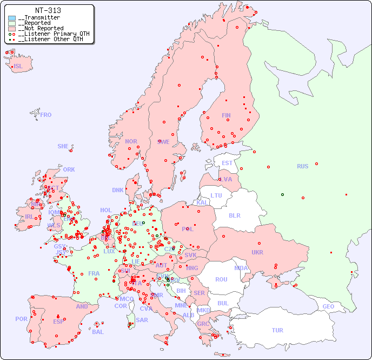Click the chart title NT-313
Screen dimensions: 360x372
[x=48, y=10]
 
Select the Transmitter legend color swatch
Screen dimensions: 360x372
[x=12, y=18]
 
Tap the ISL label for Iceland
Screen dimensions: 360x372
[x=18, y=66]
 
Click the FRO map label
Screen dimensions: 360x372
[x=45, y=115]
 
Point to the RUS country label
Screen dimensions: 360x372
[x=302, y=166]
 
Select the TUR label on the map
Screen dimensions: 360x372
[x=277, y=330]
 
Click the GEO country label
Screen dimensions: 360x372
[x=328, y=306]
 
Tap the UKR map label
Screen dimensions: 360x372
[x=257, y=252]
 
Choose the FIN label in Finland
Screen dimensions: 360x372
[x=226, y=115]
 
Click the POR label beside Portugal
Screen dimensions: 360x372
[x=21, y=319]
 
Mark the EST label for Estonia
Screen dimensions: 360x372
[x=227, y=163]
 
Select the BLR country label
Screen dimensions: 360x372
[x=235, y=215]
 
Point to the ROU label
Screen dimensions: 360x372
[x=221, y=279]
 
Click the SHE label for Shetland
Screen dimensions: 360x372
[x=63, y=146]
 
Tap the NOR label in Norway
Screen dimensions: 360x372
[x=131, y=141]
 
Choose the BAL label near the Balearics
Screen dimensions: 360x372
[x=98, y=332]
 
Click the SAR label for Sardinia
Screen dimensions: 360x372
[x=142, y=319]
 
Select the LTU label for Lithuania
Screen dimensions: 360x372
[x=216, y=195]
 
